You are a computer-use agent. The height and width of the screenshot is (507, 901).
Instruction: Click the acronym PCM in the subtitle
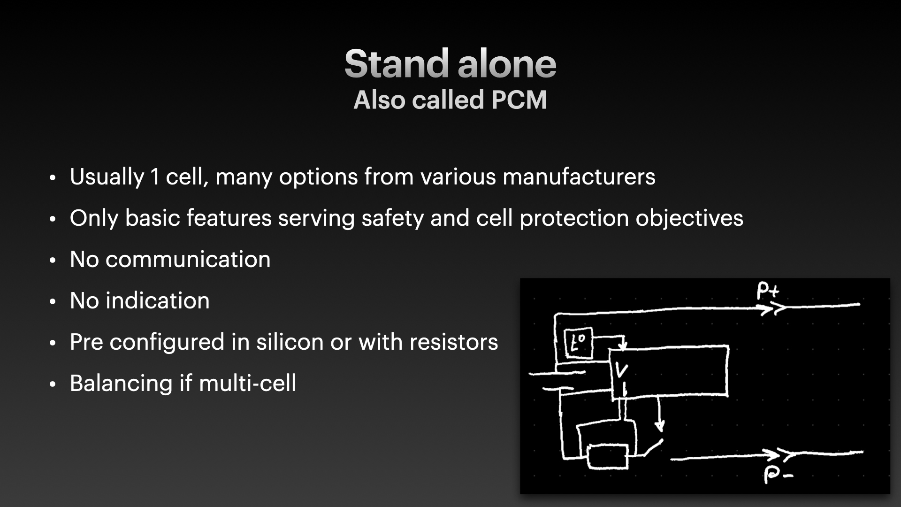pos(519,100)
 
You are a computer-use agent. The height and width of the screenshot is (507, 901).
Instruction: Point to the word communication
pos(188,260)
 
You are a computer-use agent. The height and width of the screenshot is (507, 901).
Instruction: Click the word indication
pos(158,301)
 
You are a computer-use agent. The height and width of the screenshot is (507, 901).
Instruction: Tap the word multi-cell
pos(248,384)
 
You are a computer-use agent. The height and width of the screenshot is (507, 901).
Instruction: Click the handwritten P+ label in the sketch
pos(768,291)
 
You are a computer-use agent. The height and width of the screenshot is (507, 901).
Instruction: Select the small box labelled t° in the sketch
pos(579,343)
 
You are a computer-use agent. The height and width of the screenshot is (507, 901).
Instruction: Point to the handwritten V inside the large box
pos(621,371)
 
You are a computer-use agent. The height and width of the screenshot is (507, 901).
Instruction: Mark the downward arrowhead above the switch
pos(660,426)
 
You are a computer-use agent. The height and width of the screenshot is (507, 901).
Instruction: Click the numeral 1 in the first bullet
pos(155,177)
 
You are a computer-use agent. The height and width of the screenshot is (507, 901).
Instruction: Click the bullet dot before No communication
pos(53,261)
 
